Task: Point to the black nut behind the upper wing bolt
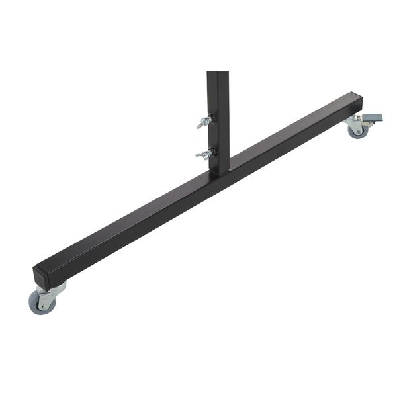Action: pyautogui.click(x=210, y=120)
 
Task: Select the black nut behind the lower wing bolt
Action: pyautogui.click(x=210, y=153)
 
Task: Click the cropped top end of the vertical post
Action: pyautogui.click(x=218, y=73)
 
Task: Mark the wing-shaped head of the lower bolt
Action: pyautogui.click(x=200, y=155)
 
